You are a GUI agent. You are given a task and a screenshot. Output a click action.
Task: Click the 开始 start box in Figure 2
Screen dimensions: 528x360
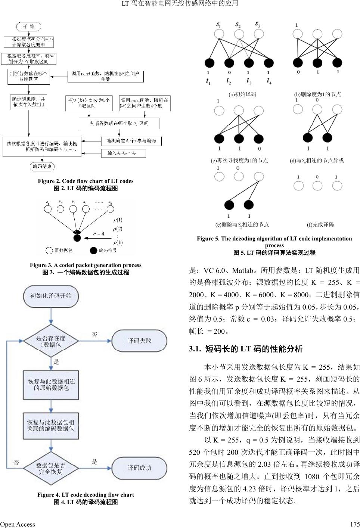click(x=29, y=27)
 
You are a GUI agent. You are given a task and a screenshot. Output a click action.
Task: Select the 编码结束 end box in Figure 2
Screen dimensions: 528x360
click(x=42, y=167)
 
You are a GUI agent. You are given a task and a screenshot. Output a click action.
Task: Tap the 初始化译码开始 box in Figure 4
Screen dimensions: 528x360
click(x=51, y=296)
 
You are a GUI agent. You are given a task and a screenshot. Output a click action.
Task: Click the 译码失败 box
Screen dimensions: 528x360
click(x=140, y=341)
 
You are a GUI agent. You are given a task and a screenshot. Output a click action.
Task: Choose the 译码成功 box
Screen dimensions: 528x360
click(x=140, y=468)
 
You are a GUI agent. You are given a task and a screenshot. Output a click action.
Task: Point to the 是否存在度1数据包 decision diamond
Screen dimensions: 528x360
click(x=51, y=341)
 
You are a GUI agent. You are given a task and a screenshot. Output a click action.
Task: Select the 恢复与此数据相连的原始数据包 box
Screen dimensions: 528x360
click(x=51, y=385)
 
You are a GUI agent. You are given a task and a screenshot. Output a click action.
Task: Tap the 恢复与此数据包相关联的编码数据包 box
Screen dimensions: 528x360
click(x=51, y=425)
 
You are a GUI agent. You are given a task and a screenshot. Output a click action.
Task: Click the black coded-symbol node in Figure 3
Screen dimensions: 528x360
click(x=77, y=238)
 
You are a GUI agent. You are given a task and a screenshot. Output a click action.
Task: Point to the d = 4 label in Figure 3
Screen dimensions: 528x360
click(x=99, y=234)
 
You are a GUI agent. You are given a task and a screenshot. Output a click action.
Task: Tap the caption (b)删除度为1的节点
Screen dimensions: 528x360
click(x=317, y=94)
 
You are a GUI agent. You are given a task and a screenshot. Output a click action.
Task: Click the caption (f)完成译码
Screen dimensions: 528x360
click(x=320, y=224)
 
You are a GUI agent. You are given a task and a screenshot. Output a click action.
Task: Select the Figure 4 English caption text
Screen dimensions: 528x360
click(x=86, y=495)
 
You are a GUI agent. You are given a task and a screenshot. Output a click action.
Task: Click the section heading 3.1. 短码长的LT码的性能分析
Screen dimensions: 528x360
click(x=246, y=349)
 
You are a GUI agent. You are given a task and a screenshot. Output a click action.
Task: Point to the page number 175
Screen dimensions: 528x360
click(x=355, y=524)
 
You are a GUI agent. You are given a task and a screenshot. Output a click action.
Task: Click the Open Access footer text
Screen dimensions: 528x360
click(x=18, y=524)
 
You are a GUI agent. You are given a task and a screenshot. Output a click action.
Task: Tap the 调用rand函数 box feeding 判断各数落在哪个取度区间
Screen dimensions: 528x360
click(x=105, y=77)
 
